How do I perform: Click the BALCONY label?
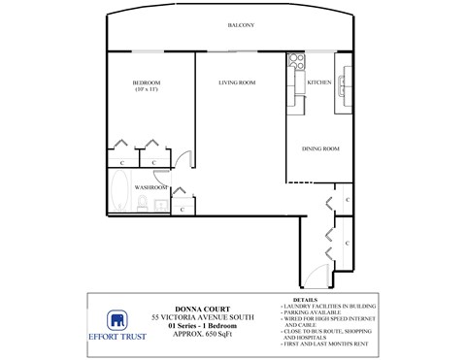point(241,25)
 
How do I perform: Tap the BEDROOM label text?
point(148,83)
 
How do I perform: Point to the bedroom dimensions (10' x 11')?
point(148,91)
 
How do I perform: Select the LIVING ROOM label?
point(236,83)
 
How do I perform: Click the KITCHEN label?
point(319,83)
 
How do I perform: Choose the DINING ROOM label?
point(319,148)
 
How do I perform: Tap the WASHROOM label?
point(151,186)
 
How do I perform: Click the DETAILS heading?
point(304,300)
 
